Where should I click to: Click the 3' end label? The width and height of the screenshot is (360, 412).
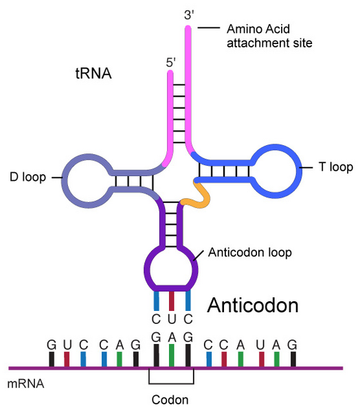[x=189, y=14]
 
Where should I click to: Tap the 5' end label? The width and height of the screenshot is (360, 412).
[x=170, y=63]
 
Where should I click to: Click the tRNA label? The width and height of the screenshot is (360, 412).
[x=93, y=74]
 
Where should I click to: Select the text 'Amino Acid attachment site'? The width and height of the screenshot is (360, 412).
[x=269, y=36]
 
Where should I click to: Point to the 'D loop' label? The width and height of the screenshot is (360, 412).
[x=27, y=177]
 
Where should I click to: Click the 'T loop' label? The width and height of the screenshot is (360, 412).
[x=336, y=167]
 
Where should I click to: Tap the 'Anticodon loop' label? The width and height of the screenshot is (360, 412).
[x=250, y=252]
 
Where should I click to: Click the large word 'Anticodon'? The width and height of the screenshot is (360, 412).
[x=253, y=305]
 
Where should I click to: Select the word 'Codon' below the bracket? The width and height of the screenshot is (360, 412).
[x=170, y=400]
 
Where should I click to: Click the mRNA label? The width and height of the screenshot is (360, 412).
[x=25, y=384]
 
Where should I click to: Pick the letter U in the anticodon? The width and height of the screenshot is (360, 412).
[x=172, y=319]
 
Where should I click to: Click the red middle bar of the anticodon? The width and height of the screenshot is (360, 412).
[x=172, y=301]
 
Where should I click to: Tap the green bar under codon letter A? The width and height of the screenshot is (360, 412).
[x=172, y=356]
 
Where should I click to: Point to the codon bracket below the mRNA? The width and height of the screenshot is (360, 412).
[x=171, y=384]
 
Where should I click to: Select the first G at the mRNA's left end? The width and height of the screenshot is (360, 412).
[x=52, y=345]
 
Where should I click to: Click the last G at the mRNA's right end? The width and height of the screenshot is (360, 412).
[x=292, y=345]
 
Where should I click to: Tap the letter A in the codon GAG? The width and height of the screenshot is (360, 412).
[x=172, y=337]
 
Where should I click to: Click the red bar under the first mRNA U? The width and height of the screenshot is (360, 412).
[x=67, y=359]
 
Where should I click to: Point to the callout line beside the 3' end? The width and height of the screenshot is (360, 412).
[x=209, y=28]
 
